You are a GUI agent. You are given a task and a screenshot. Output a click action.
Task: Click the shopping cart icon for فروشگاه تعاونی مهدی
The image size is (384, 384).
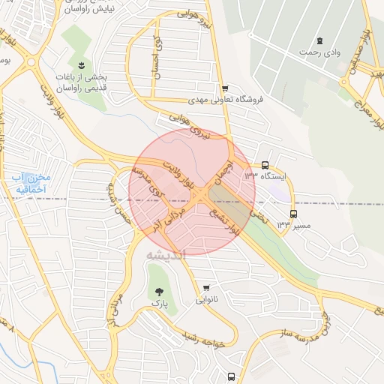225,88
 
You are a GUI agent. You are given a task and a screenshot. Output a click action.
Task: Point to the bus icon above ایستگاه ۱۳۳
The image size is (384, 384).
265,165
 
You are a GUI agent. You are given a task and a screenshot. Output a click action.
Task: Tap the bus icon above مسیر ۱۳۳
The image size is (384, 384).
293,212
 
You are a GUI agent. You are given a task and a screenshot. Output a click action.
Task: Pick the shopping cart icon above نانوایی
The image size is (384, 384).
207,287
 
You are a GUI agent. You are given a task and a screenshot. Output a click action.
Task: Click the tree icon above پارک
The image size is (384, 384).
157,291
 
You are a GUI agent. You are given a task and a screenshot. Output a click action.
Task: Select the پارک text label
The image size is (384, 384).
157,304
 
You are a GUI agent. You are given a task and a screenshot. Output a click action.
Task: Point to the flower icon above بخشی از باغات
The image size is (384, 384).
82,65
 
